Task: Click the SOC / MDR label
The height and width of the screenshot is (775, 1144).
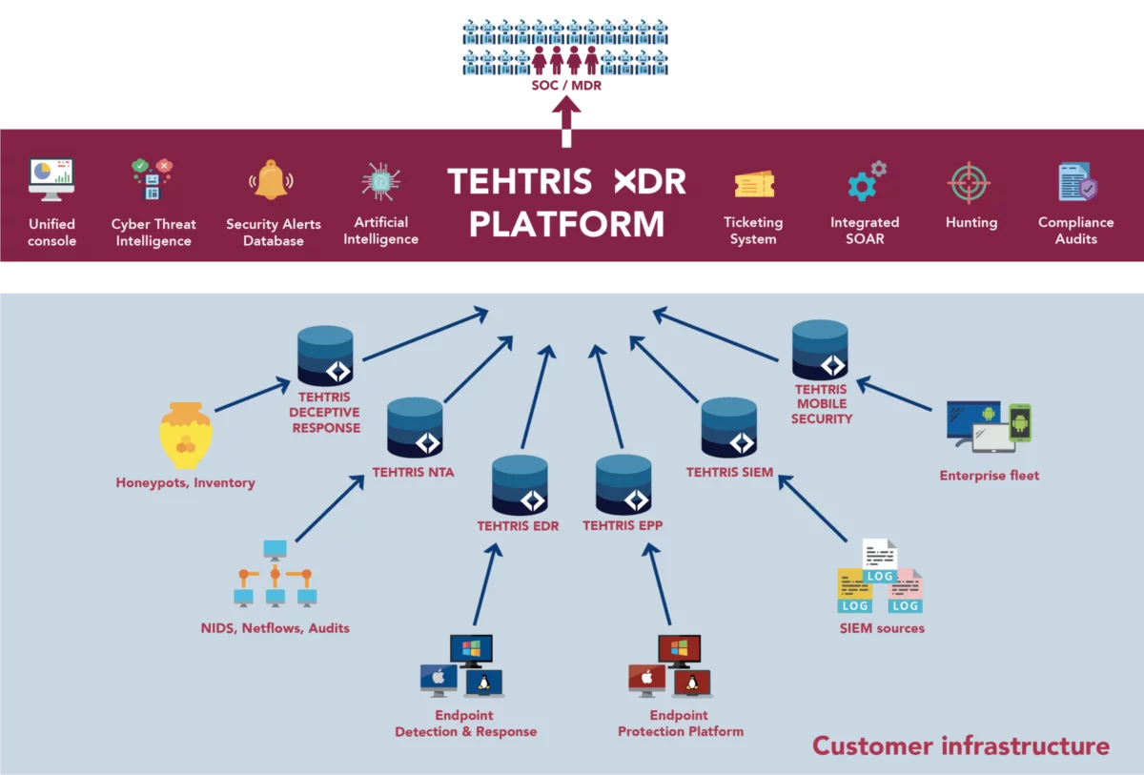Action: coord(566,85)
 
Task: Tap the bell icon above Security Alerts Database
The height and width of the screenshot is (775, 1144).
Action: coord(271,180)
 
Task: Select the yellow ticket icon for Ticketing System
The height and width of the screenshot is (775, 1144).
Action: coord(754,184)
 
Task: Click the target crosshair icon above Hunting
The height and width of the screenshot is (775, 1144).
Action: coord(969,183)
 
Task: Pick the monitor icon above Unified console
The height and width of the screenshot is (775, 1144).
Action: coord(51,180)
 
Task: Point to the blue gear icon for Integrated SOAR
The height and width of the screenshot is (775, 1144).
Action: coord(861,187)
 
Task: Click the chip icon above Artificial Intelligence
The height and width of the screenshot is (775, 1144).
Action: coord(381,181)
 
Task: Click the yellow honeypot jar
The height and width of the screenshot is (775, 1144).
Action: coord(186,436)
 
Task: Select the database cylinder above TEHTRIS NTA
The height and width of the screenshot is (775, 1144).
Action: coord(415,427)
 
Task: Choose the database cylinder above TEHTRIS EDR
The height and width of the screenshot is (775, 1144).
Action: coord(520,485)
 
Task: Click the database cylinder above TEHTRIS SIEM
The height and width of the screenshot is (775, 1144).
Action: coord(728,427)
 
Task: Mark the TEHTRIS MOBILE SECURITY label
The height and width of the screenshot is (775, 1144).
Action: coord(822,404)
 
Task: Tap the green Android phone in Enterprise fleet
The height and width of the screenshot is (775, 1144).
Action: coord(1020,422)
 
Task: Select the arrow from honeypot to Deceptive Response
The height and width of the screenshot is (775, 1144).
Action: coord(253,396)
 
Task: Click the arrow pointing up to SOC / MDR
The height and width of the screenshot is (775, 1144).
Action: coord(566,121)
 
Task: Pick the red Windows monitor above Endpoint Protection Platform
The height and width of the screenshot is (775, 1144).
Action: coord(679,651)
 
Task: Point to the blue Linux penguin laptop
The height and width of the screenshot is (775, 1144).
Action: coord(483,683)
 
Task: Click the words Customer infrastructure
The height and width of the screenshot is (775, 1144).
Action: coord(961,745)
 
